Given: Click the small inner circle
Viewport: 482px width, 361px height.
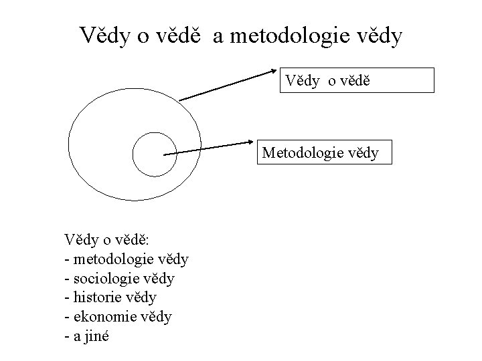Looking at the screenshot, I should (154, 154).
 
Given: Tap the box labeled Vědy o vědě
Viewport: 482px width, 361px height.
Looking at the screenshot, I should (357, 80).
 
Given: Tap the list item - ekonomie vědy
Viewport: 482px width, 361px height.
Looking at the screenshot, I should (118, 316).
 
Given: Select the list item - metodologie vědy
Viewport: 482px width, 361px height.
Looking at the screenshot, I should (127, 257).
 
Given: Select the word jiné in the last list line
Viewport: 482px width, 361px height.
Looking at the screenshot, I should (99, 335).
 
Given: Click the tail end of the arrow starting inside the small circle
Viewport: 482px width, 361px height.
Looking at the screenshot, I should (165, 154).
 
